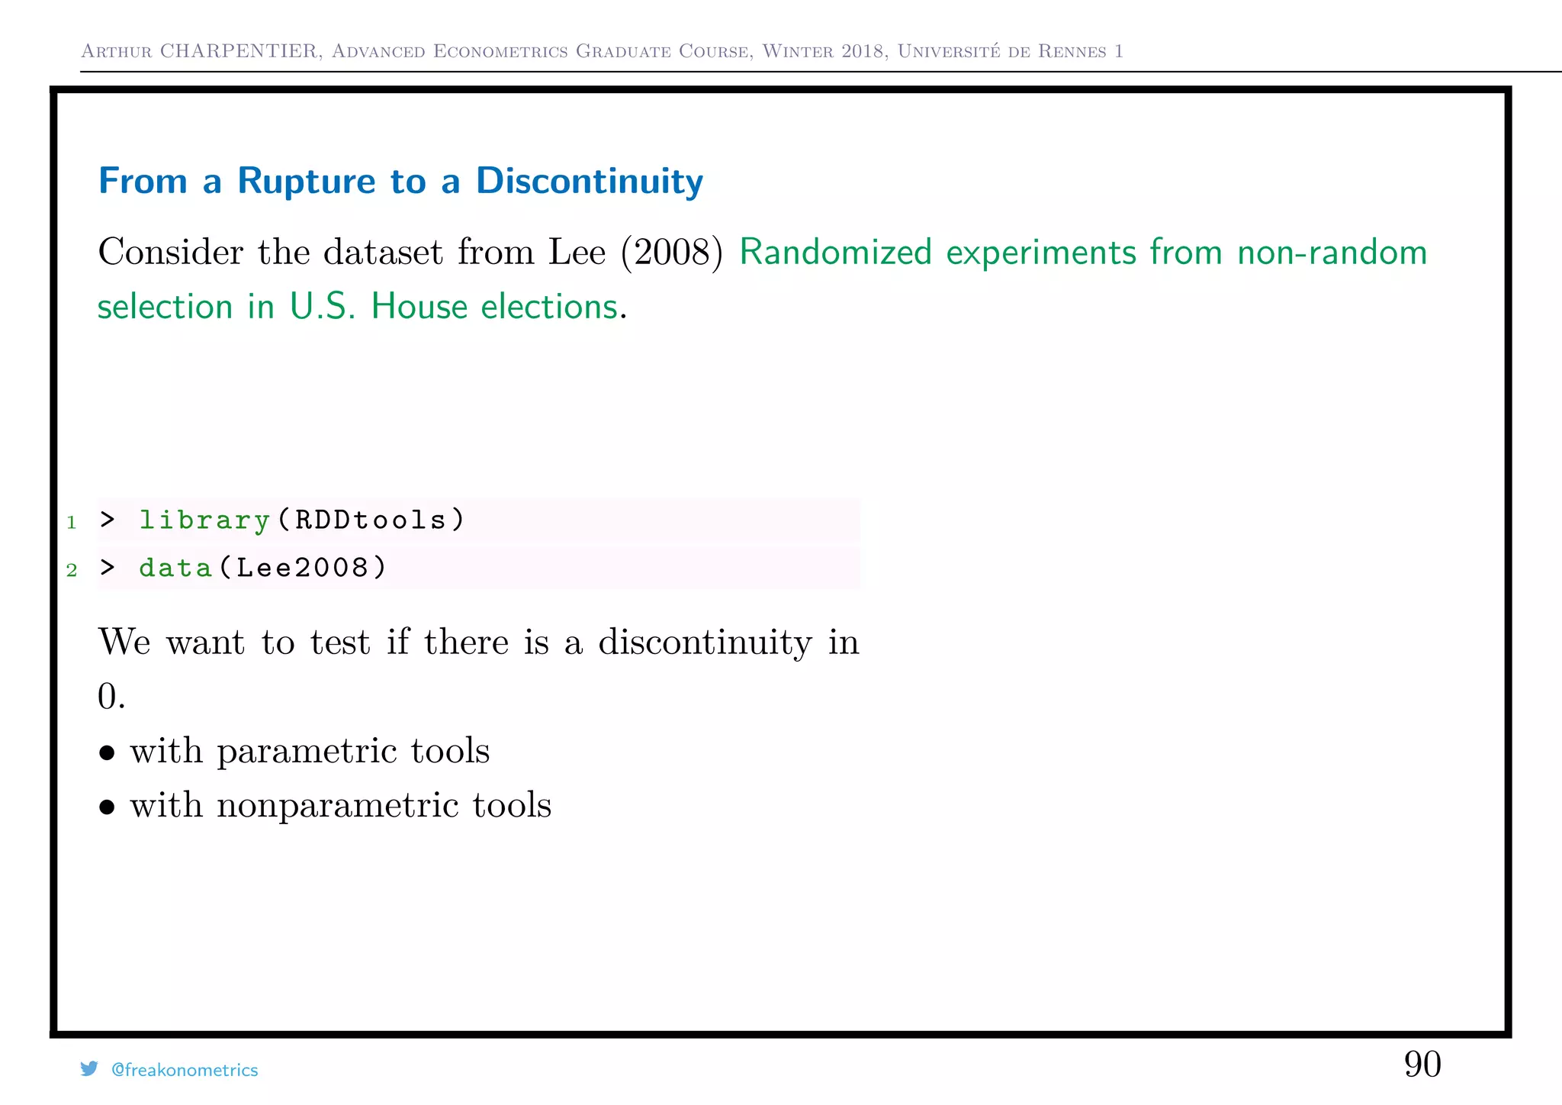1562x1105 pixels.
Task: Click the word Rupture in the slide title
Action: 307,182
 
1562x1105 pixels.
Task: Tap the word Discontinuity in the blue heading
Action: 589,182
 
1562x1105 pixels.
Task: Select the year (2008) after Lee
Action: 672,253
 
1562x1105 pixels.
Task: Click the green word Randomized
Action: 836,253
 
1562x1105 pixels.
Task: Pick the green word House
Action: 419,307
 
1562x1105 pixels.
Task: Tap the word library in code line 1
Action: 204,520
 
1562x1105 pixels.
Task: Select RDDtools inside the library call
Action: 371,520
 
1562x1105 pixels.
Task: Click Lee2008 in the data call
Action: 303,569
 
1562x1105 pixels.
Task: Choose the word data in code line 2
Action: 175,569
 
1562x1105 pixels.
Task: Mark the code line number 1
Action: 72,523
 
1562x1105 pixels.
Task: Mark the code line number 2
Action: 72,571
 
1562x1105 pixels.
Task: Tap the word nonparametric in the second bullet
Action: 337,806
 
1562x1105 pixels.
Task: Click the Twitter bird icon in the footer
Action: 89,1069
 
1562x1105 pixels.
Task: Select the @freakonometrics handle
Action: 185,1070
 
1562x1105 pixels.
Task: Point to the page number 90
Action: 1422,1065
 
